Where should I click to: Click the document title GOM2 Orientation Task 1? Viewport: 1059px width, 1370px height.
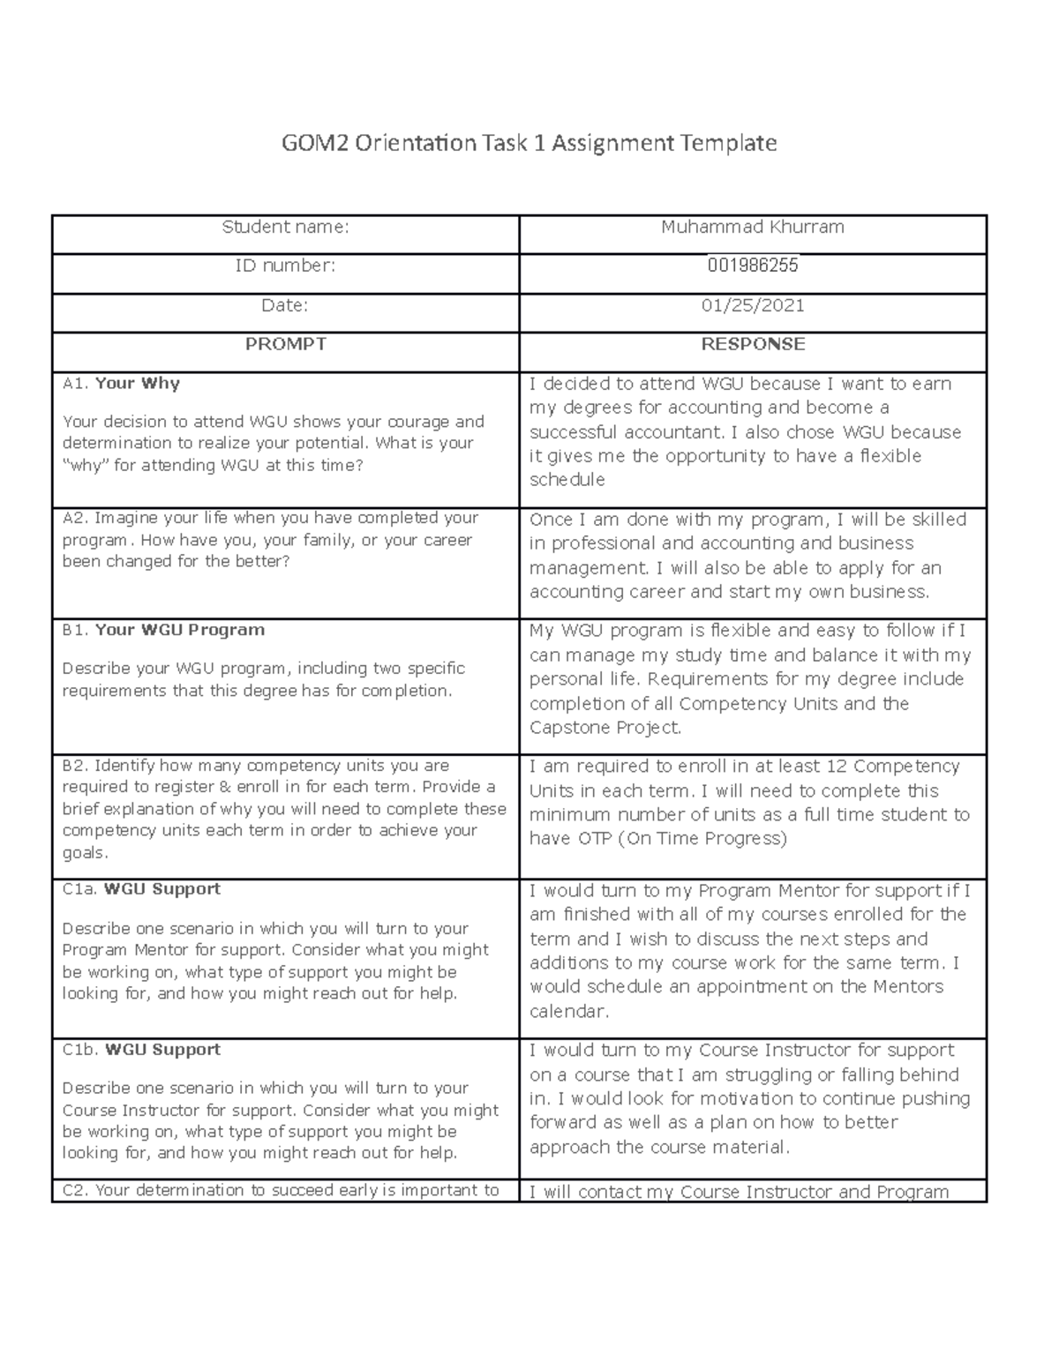pos(529,143)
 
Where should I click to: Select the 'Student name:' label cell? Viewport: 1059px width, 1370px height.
pos(285,228)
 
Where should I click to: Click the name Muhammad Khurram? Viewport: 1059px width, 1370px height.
pos(753,228)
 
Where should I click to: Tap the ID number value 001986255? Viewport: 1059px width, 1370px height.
pos(753,266)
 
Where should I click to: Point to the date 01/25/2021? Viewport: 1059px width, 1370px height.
pos(753,305)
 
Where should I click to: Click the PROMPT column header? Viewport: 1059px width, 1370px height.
pos(285,344)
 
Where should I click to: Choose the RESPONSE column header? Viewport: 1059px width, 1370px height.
pos(753,344)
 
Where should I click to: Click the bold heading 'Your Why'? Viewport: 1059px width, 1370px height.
pos(137,384)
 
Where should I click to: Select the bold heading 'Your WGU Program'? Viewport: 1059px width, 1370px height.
pos(179,630)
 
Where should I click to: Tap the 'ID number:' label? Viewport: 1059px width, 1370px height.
pos(285,266)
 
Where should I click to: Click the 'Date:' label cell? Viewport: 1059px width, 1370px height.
pos(285,305)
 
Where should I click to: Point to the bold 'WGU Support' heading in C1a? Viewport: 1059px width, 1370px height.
pos(161,889)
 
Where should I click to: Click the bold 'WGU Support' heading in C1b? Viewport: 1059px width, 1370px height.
pos(162,1050)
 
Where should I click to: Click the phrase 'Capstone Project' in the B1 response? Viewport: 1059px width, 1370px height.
pos(605,728)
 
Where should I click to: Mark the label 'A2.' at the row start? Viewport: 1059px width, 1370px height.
pos(75,519)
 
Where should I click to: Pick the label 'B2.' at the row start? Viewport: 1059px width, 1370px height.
pos(75,766)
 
